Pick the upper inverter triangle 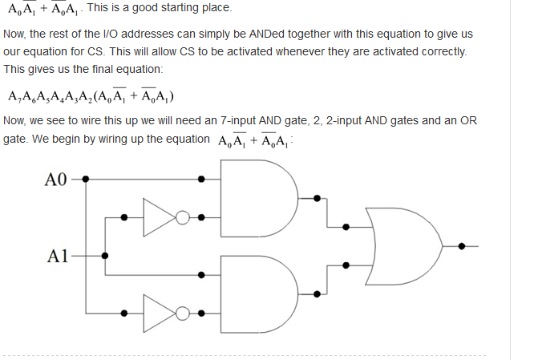point(159,216)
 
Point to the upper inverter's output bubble point(184,216)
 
